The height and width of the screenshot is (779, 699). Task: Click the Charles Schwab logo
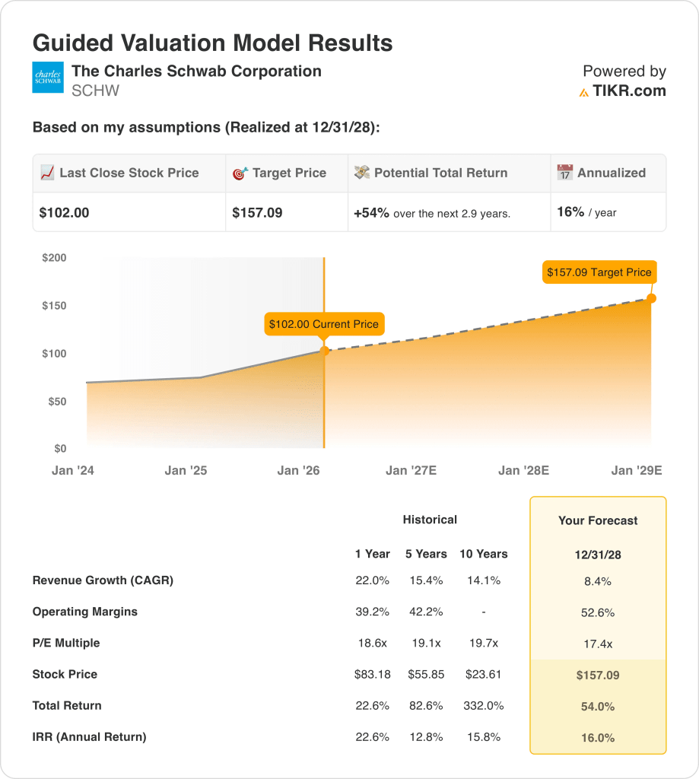pyautogui.click(x=48, y=78)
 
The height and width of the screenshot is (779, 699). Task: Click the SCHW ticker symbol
pyautogui.click(x=95, y=91)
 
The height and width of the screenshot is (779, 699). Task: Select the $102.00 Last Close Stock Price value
pyautogui.click(x=65, y=213)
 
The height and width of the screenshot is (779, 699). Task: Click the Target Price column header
pyautogui.click(x=289, y=173)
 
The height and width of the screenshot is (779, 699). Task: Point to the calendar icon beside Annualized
pyautogui.click(x=564, y=173)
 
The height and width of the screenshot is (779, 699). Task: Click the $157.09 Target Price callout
pyautogui.click(x=599, y=272)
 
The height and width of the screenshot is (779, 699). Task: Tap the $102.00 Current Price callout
pyautogui.click(x=323, y=324)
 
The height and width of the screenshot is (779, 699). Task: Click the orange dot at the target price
pyautogui.click(x=651, y=298)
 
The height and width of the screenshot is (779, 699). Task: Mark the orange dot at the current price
pyautogui.click(x=325, y=351)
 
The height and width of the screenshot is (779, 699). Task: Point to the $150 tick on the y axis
pyautogui.click(x=54, y=306)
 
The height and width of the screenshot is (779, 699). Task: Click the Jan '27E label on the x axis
pyautogui.click(x=411, y=471)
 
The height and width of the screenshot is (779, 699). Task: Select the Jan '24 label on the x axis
pyautogui.click(x=73, y=471)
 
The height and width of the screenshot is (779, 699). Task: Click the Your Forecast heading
pyautogui.click(x=598, y=521)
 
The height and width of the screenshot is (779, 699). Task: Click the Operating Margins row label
pyautogui.click(x=85, y=612)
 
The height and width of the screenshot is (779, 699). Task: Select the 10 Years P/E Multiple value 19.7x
pyautogui.click(x=483, y=644)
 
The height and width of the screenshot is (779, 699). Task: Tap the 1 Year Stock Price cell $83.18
pyautogui.click(x=372, y=675)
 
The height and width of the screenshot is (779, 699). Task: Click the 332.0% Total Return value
pyautogui.click(x=483, y=706)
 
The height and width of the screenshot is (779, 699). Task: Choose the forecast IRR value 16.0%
pyautogui.click(x=598, y=738)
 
